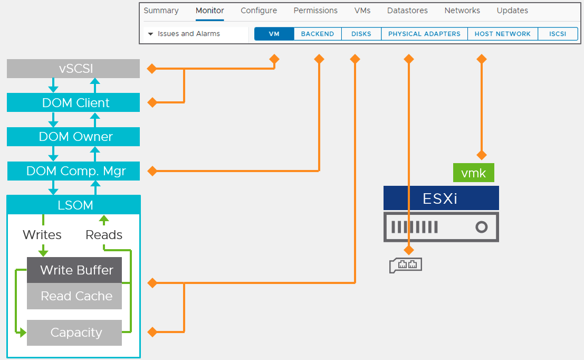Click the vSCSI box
click(73, 69)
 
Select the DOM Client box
click(73, 102)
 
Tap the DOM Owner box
click(73, 137)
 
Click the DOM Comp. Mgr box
click(73, 171)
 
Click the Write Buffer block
click(74, 270)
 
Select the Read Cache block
click(74, 296)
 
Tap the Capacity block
click(74, 333)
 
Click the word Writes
click(42, 235)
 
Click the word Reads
click(104, 235)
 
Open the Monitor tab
click(209, 11)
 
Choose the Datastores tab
click(407, 11)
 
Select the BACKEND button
click(318, 34)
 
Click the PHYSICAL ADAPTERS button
click(424, 34)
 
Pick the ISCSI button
click(558, 34)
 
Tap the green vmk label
click(473, 173)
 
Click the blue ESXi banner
click(441, 198)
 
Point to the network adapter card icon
click(406, 266)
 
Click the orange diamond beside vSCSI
click(152, 69)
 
